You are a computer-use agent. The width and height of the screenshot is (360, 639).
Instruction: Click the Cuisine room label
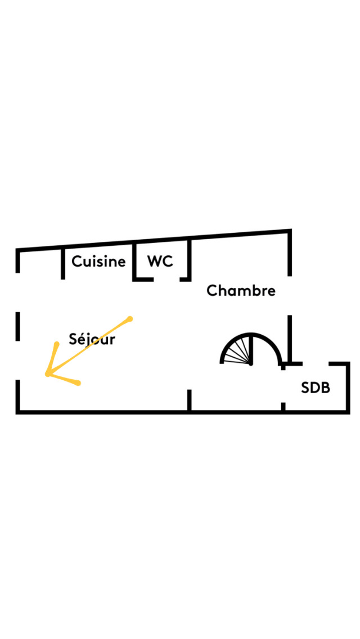(x=98, y=261)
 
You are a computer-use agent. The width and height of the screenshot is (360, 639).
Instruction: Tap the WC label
(x=160, y=261)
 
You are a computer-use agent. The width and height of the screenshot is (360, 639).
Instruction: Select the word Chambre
(x=241, y=291)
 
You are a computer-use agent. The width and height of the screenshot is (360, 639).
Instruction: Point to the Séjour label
(x=92, y=339)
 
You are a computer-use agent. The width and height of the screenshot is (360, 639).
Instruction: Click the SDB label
(x=316, y=388)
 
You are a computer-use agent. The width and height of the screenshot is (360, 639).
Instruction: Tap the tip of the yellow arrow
(x=47, y=374)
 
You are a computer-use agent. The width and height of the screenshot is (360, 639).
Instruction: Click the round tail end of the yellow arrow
(x=130, y=318)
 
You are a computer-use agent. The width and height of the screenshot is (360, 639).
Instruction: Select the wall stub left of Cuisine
(x=63, y=264)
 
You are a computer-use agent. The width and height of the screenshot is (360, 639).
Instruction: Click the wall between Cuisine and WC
(x=134, y=262)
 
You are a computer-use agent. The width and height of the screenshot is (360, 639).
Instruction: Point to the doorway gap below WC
(x=166, y=279)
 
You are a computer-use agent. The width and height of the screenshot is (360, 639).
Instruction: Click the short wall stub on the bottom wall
(x=189, y=400)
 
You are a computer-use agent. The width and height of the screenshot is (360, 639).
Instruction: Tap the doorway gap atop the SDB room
(x=316, y=363)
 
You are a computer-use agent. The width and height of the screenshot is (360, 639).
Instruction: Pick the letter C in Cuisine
(x=77, y=261)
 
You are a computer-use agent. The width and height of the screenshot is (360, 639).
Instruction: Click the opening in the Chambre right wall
(x=290, y=295)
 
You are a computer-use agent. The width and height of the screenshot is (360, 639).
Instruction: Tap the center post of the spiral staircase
(x=251, y=349)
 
